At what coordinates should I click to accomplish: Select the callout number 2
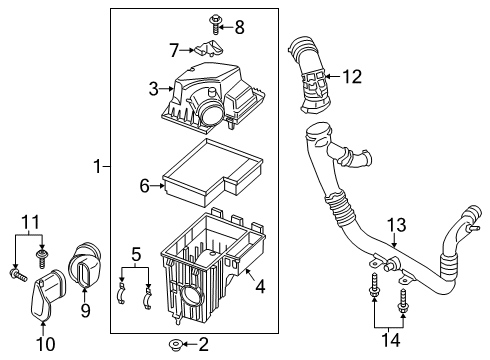click(203, 347)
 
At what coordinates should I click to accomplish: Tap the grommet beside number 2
click(174, 347)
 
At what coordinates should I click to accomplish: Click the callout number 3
click(153, 90)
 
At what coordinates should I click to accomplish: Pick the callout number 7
click(174, 48)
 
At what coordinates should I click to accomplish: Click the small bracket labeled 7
click(206, 47)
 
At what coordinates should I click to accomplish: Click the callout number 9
click(84, 311)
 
